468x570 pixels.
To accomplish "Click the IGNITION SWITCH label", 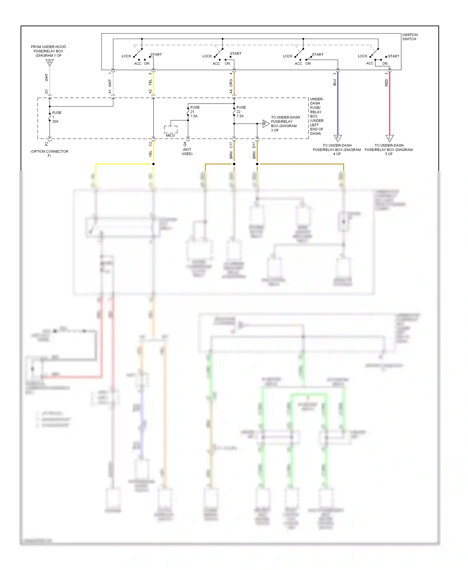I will point(410,37).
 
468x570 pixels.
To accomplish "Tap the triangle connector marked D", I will point(50,62).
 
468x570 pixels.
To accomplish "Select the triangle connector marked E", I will point(266,124).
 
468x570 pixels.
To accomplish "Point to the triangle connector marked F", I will point(338,138).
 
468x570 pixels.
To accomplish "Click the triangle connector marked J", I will point(389,138).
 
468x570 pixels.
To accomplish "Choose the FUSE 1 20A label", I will point(56,117).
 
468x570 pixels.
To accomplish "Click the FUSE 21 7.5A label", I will point(195,112).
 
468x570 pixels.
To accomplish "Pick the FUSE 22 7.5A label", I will point(241,112).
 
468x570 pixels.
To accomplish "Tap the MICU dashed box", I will point(171,129).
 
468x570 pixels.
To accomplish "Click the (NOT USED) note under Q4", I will point(187,152).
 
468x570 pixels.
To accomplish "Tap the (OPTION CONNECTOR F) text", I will point(49,153).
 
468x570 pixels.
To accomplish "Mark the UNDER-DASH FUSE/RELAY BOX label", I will point(317,116).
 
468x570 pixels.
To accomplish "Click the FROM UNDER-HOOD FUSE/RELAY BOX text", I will point(48,51).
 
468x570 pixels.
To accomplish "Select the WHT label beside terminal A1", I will point(110,83).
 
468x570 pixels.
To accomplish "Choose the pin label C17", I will point(231,145).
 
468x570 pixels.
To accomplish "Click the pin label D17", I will point(254,145).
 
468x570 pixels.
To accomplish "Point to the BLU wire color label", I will point(334,82).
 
